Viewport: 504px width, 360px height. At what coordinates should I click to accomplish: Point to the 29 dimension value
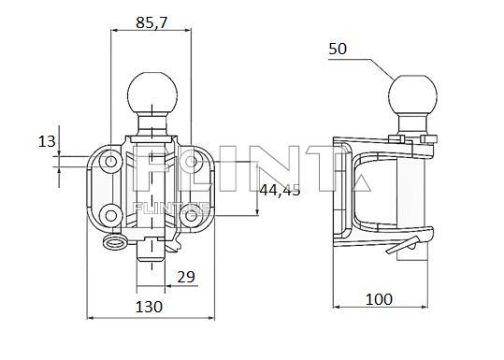coord(184,277)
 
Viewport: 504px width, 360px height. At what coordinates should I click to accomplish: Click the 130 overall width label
coord(148,306)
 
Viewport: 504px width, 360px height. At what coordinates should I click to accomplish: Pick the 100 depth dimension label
coord(378,299)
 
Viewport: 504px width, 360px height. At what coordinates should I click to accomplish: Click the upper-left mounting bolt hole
coord(112,164)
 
